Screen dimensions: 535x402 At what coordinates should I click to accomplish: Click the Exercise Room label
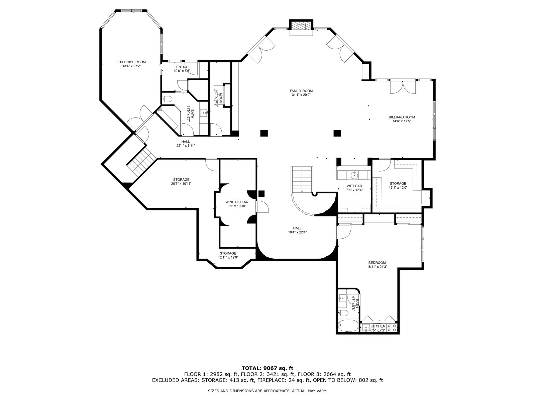click(x=131, y=62)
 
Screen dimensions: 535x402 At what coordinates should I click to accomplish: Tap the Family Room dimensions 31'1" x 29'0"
click(x=301, y=95)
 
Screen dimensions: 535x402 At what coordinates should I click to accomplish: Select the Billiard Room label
click(x=402, y=117)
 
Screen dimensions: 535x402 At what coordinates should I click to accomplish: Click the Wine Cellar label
click(x=237, y=202)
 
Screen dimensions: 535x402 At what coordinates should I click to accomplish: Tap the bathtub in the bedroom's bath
click(x=348, y=326)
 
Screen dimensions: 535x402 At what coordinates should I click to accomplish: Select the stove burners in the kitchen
click(x=392, y=328)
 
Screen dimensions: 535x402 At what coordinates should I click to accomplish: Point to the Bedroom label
click(x=377, y=263)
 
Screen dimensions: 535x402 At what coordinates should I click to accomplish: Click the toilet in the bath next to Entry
click(x=167, y=99)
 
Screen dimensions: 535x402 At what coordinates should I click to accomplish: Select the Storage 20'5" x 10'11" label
click(x=181, y=182)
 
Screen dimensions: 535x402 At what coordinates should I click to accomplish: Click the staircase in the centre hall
click(x=302, y=180)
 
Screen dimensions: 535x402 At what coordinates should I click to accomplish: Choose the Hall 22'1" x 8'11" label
click(x=186, y=143)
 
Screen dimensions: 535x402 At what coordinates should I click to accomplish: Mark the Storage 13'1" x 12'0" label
click(x=398, y=186)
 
